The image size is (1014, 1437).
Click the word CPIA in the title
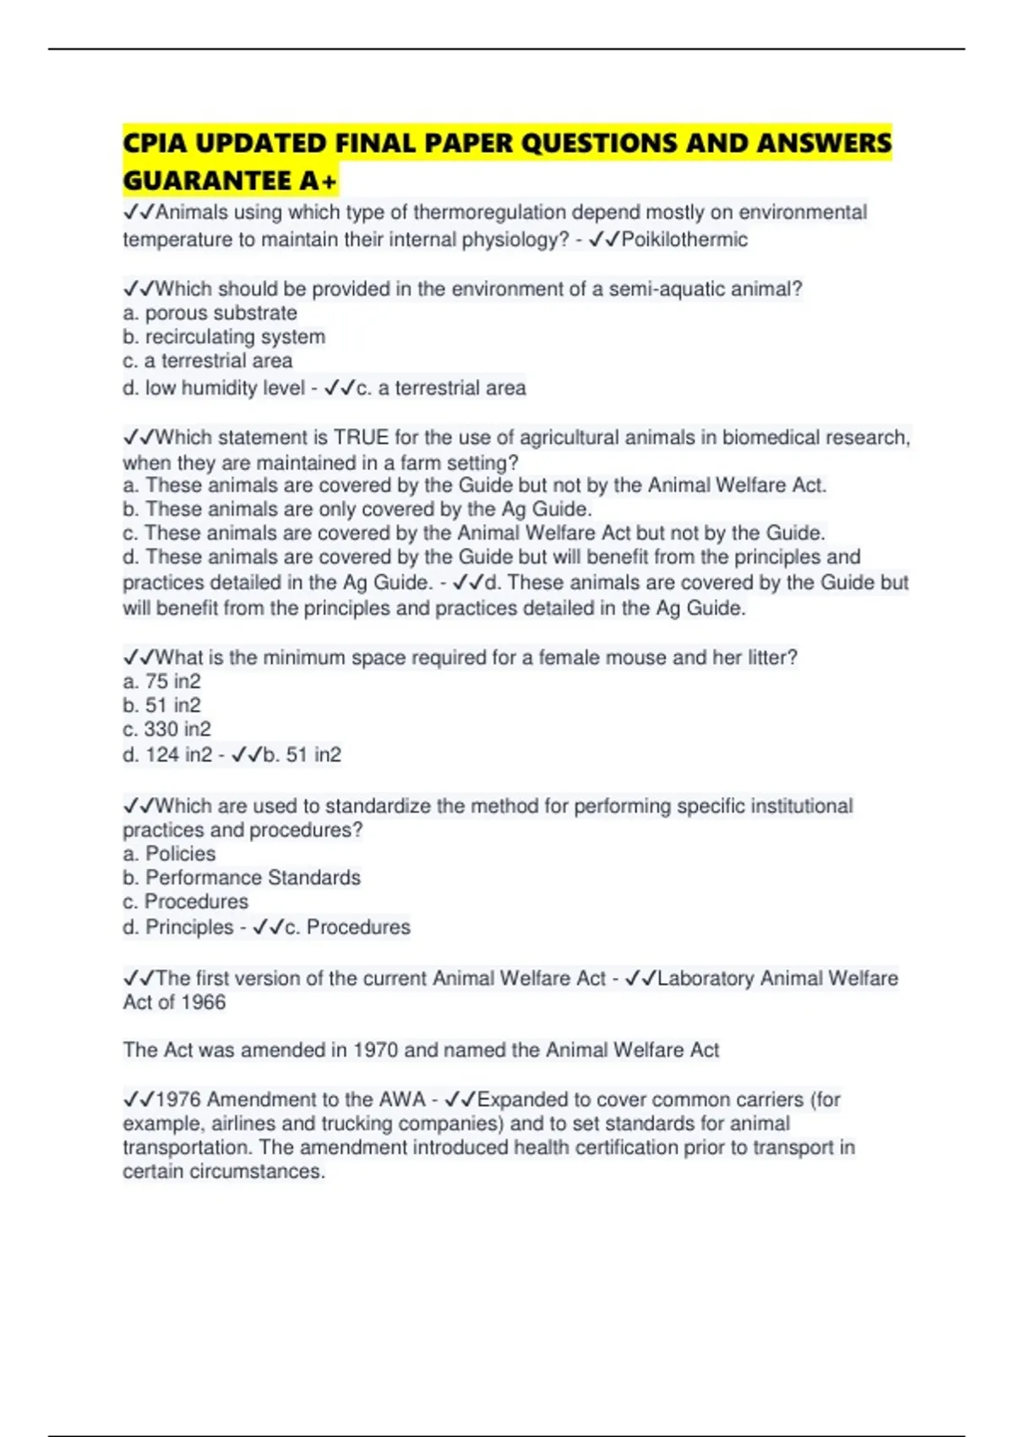click(155, 144)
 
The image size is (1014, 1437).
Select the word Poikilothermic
click(684, 240)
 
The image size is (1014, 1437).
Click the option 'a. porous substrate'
click(210, 313)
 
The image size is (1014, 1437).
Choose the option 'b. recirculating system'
click(224, 336)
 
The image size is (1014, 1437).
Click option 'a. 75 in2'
click(161, 681)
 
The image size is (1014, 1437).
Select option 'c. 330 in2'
click(166, 729)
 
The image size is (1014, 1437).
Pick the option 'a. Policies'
click(169, 854)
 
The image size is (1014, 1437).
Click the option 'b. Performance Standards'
click(242, 877)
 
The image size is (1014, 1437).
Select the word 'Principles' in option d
click(189, 926)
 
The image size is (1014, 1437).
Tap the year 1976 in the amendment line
click(178, 1099)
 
